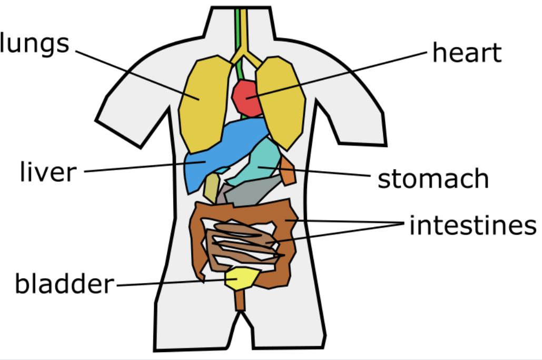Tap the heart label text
click(467, 53)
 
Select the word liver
click(48, 172)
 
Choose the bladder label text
click(63, 284)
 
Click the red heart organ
click(247, 98)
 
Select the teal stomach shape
click(263, 163)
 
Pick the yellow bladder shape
click(242, 278)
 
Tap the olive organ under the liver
click(211, 187)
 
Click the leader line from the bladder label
click(169, 284)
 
